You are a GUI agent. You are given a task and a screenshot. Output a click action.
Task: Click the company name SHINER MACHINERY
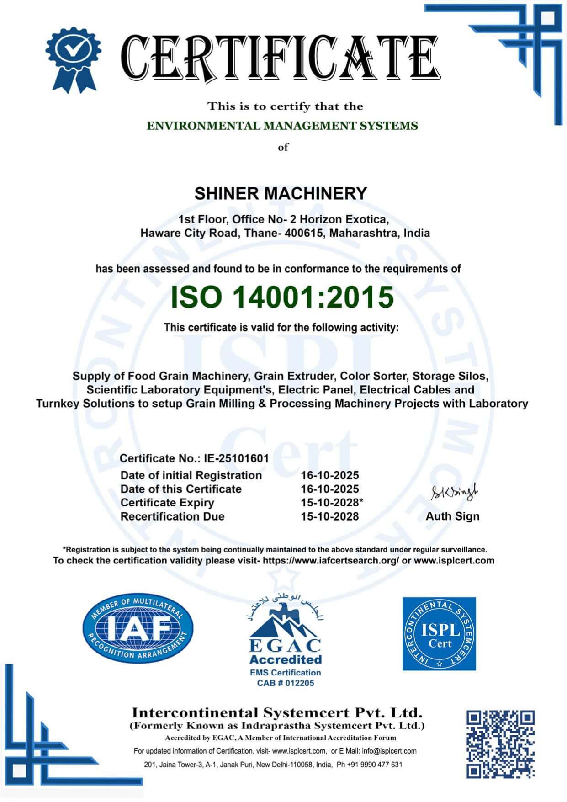(281, 194)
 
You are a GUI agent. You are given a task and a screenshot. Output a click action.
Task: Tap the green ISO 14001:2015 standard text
(282, 297)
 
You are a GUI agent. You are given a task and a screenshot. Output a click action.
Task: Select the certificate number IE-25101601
(235, 458)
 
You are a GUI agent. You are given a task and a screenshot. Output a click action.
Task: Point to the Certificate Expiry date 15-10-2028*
(332, 503)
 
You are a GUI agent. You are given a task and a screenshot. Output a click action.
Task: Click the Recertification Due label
(172, 516)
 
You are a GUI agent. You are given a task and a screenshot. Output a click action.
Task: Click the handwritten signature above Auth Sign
(454, 493)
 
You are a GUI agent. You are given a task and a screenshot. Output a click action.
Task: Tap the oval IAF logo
(138, 629)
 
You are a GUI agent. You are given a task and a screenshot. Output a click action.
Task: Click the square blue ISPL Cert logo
(439, 633)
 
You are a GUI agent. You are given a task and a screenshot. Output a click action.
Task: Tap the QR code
(500, 744)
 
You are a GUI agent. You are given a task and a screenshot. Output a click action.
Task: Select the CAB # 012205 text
(285, 683)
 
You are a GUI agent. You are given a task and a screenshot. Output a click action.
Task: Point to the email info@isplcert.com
(389, 751)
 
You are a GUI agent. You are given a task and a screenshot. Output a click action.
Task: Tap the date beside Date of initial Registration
(329, 475)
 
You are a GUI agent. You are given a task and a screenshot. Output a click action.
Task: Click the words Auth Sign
(452, 516)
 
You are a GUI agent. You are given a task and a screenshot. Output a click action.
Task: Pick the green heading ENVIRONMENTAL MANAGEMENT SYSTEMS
(282, 126)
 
